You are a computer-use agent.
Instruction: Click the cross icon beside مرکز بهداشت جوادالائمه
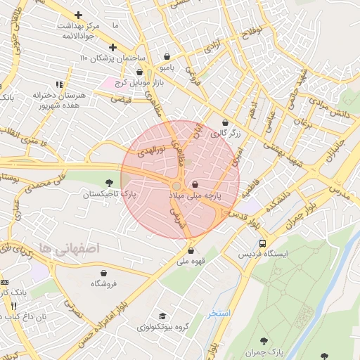78,15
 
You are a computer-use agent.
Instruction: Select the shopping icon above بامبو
167,57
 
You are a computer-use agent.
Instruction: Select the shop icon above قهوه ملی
191,250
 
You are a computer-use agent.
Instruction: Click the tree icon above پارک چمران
264,341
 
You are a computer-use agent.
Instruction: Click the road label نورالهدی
151,149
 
